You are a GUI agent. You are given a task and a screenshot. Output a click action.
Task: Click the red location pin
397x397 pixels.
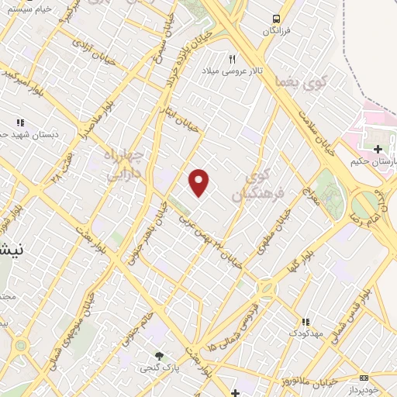[x=199, y=182]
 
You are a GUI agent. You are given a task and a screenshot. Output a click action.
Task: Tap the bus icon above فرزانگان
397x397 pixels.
[x=274, y=19]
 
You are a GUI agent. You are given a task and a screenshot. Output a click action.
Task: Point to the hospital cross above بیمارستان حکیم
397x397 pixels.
[x=378, y=149]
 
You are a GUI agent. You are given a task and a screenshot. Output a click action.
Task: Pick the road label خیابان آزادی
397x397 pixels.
[x=92, y=50]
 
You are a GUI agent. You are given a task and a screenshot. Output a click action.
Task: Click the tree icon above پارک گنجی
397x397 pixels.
[x=160, y=356]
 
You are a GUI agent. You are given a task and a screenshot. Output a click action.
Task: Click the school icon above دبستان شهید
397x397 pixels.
[x=21, y=123]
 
